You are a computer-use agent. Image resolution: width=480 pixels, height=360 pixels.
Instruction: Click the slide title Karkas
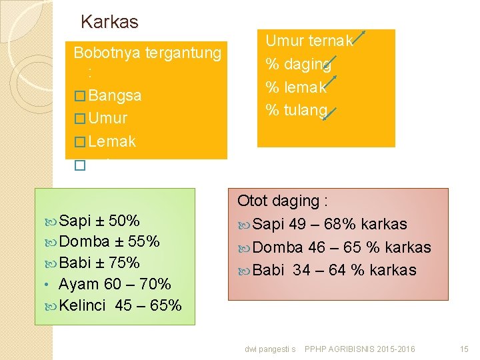tap(109, 22)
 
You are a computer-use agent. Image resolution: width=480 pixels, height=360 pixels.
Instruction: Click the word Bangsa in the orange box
tap(115, 95)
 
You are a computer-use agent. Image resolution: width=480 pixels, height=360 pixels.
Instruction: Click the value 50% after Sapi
tap(124, 221)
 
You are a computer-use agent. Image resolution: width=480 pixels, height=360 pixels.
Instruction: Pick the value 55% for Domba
tap(144, 242)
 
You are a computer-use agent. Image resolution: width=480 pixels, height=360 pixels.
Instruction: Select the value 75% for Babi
tap(124, 263)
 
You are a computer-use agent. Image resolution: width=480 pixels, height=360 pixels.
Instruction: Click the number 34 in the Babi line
tap(301, 271)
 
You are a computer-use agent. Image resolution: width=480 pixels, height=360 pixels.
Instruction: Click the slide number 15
tap(465, 349)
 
